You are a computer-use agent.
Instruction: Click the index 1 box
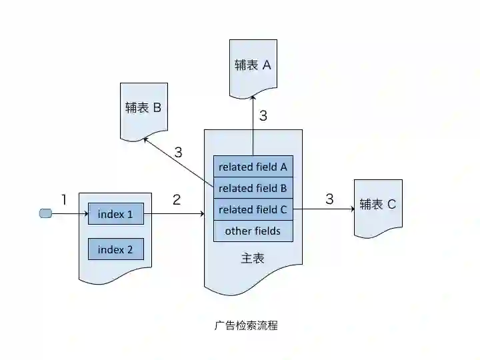coord(115,214)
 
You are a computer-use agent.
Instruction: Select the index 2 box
coord(115,249)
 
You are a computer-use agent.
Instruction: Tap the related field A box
coord(253,166)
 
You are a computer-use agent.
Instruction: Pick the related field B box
coord(253,188)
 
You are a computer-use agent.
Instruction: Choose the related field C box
coord(253,209)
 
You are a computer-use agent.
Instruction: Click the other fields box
coord(253,231)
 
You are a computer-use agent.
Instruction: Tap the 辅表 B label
coord(143,107)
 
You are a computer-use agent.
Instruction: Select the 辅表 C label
coord(377,204)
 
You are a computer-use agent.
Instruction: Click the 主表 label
coord(253,257)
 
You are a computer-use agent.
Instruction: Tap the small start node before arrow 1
coord(46,213)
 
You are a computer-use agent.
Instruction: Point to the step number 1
coord(64,199)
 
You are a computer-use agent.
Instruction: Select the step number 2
coord(177,199)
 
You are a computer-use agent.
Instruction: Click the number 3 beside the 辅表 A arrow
coord(263,115)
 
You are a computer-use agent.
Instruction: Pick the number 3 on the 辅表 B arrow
coord(178,152)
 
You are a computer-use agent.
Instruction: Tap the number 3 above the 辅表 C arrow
coord(329,199)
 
